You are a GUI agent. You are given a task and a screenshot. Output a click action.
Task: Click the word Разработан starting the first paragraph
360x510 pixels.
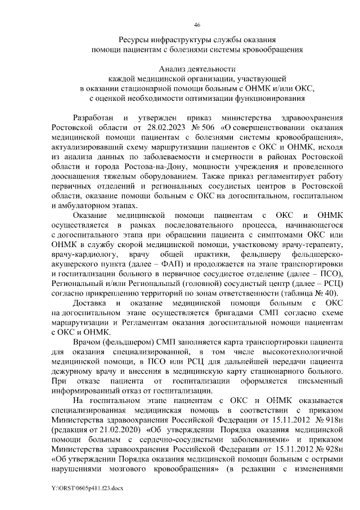(x=94, y=118)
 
